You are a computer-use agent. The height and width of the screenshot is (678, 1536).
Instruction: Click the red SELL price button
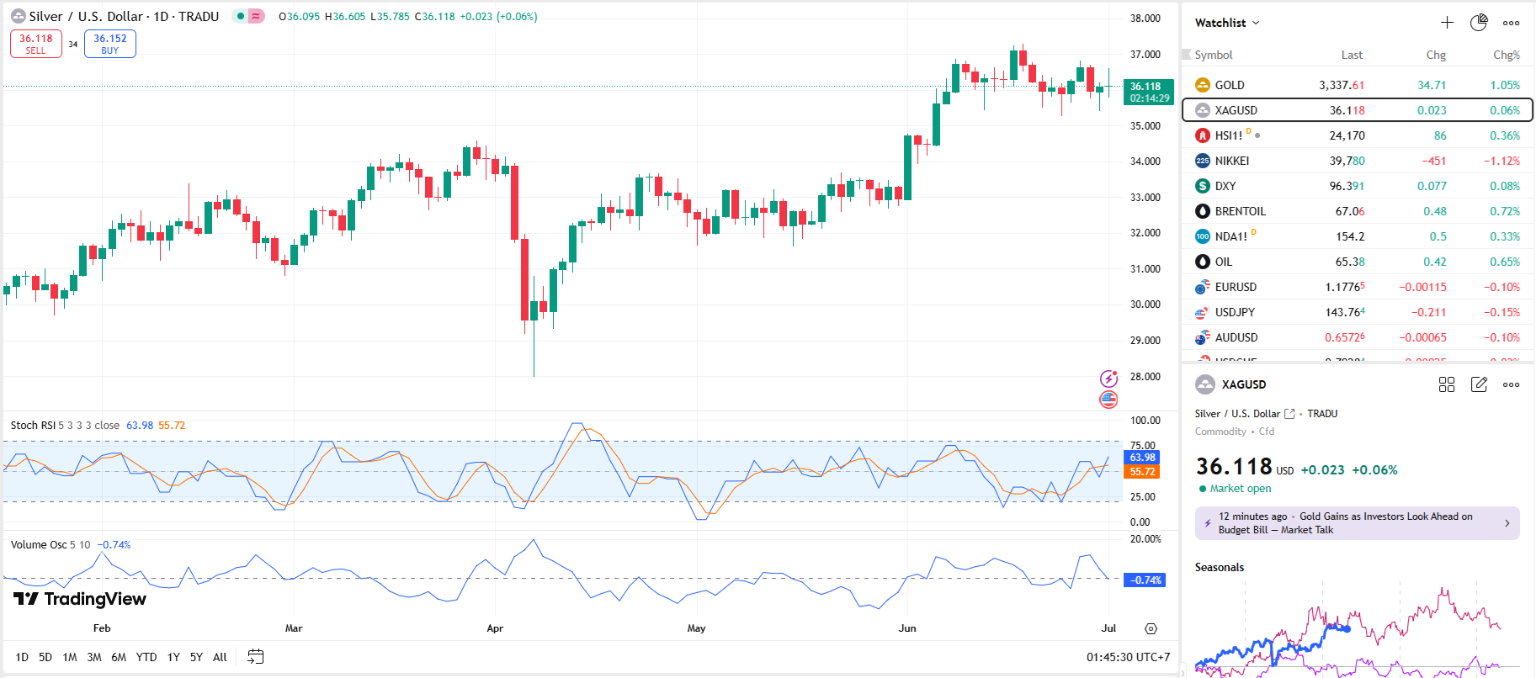[x=36, y=44]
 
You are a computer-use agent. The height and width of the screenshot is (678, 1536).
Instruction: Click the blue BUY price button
[x=110, y=44]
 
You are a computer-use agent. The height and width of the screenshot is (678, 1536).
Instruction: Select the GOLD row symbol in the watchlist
[x=1229, y=85]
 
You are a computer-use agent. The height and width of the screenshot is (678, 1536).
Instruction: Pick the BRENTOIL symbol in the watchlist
[x=1240, y=211]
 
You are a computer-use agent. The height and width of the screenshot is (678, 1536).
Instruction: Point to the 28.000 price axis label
[x=1145, y=376]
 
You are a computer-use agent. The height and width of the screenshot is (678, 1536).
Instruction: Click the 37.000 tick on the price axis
[x=1145, y=54]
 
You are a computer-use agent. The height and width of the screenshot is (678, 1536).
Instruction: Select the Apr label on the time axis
[x=495, y=628]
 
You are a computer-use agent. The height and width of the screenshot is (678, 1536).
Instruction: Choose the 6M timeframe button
[x=119, y=657]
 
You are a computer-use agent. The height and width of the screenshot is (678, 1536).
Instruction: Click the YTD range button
[x=146, y=657]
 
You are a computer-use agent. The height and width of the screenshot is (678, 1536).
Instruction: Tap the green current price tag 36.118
[x=1148, y=92]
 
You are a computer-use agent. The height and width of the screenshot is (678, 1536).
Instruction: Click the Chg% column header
[x=1506, y=55]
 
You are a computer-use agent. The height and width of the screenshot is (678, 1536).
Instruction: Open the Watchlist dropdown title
[x=1226, y=23]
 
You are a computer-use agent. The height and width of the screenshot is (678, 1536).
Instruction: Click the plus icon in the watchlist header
[x=1447, y=23]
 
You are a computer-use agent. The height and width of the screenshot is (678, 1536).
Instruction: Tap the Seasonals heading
[x=1219, y=567]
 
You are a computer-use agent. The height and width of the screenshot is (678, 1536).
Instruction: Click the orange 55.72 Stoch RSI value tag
[x=1142, y=472]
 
